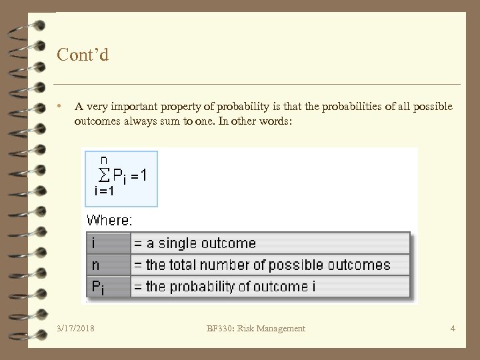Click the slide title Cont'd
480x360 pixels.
tap(83, 54)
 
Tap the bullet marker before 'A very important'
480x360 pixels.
tap(60, 106)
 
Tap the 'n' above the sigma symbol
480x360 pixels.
tap(104, 160)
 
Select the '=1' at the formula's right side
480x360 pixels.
tap(139, 175)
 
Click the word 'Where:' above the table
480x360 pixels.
tap(110, 219)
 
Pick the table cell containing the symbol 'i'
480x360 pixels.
tap(108, 243)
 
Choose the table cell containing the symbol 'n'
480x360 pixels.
tap(108, 265)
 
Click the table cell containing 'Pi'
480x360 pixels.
tap(108, 287)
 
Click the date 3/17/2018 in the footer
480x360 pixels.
tap(76, 328)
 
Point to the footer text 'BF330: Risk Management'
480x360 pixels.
tap(255, 328)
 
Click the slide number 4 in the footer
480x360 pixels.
tap(453, 328)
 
